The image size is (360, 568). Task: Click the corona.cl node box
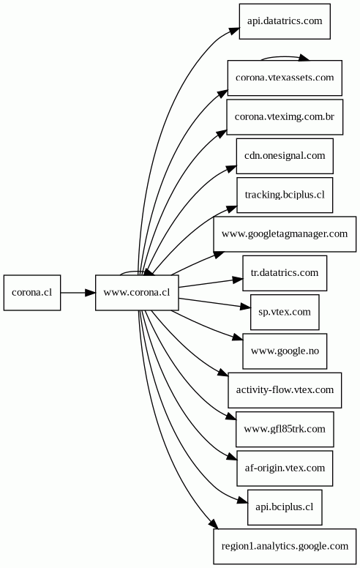pos(32,293)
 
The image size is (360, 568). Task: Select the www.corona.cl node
pos(137,293)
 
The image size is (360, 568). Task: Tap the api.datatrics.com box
pos(285,21)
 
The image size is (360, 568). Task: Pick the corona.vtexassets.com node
pos(285,78)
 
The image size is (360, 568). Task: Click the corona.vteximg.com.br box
pos(285,117)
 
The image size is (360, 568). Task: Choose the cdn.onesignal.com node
pos(285,156)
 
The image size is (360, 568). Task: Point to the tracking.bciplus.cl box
pos(285,195)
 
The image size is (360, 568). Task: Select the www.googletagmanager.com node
pos(285,234)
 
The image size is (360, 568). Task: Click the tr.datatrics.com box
pos(285,273)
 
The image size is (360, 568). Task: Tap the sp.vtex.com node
pos(285,313)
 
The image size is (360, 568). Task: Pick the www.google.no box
pos(285,351)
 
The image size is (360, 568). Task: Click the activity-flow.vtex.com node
pos(285,390)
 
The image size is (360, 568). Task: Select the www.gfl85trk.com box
pos(285,429)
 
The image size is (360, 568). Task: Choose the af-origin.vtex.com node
pos(285,468)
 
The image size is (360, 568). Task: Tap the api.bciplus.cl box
pos(285,507)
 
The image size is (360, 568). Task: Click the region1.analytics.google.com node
pos(285,546)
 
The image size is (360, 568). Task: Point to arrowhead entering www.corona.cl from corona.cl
pos(91,293)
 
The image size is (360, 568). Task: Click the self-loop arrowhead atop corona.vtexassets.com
pos(304,58)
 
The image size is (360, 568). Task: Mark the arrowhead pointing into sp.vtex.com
pos(246,307)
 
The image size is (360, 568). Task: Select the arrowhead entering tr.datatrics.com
pos(238,280)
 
